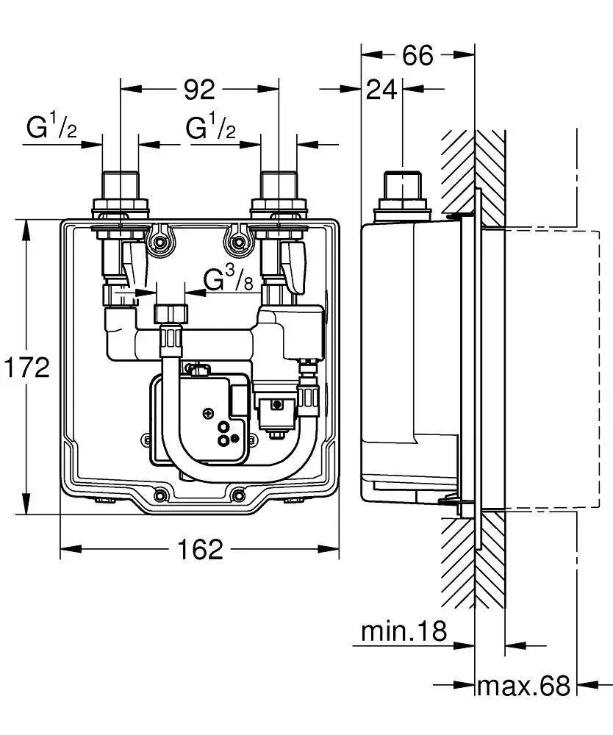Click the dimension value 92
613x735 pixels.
click(199, 90)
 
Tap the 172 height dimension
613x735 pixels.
click(26, 367)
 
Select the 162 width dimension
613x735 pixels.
click(200, 549)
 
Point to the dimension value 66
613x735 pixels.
click(418, 55)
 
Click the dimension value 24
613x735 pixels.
click(381, 90)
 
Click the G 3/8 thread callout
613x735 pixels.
click(229, 280)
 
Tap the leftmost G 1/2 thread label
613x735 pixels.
click(51, 126)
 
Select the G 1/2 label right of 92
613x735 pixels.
click(210, 126)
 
